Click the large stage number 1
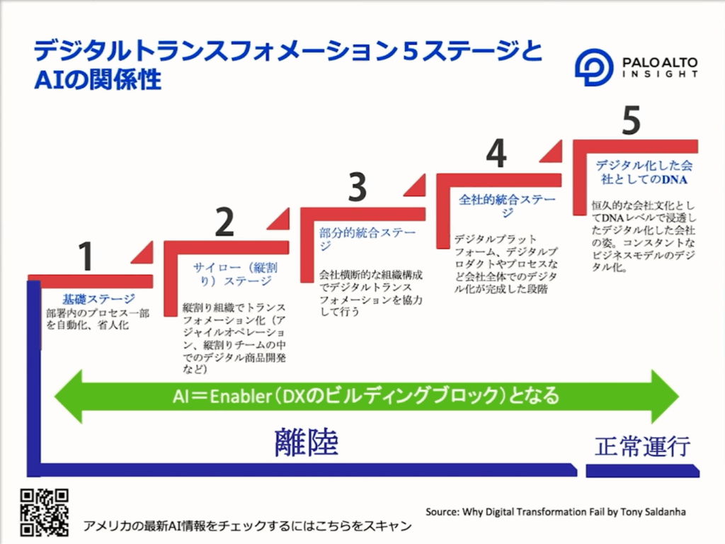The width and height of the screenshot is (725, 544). tap(86, 256)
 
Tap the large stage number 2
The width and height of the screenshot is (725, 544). tap(224, 222)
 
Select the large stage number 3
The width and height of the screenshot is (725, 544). tap(357, 187)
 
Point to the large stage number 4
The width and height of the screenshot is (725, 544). tap(496, 153)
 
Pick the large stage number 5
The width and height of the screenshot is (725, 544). tap(631, 120)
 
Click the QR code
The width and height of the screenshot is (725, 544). tap(45, 513)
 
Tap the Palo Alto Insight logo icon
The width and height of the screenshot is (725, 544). tap(594, 67)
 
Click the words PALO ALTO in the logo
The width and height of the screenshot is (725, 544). tap(660, 62)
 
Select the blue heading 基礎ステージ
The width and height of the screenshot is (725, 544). tap(99, 299)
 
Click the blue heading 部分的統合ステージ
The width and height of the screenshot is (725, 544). tap(367, 239)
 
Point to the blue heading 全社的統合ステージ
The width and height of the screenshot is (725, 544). tap(507, 206)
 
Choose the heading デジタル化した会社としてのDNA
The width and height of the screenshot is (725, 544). tap(644, 172)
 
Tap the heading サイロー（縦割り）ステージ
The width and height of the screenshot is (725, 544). tap(235, 274)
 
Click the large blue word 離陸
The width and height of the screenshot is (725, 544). tap(306, 442)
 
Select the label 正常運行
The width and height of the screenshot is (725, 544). tap(642, 446)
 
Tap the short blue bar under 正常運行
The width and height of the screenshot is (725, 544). tap(643, 471)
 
